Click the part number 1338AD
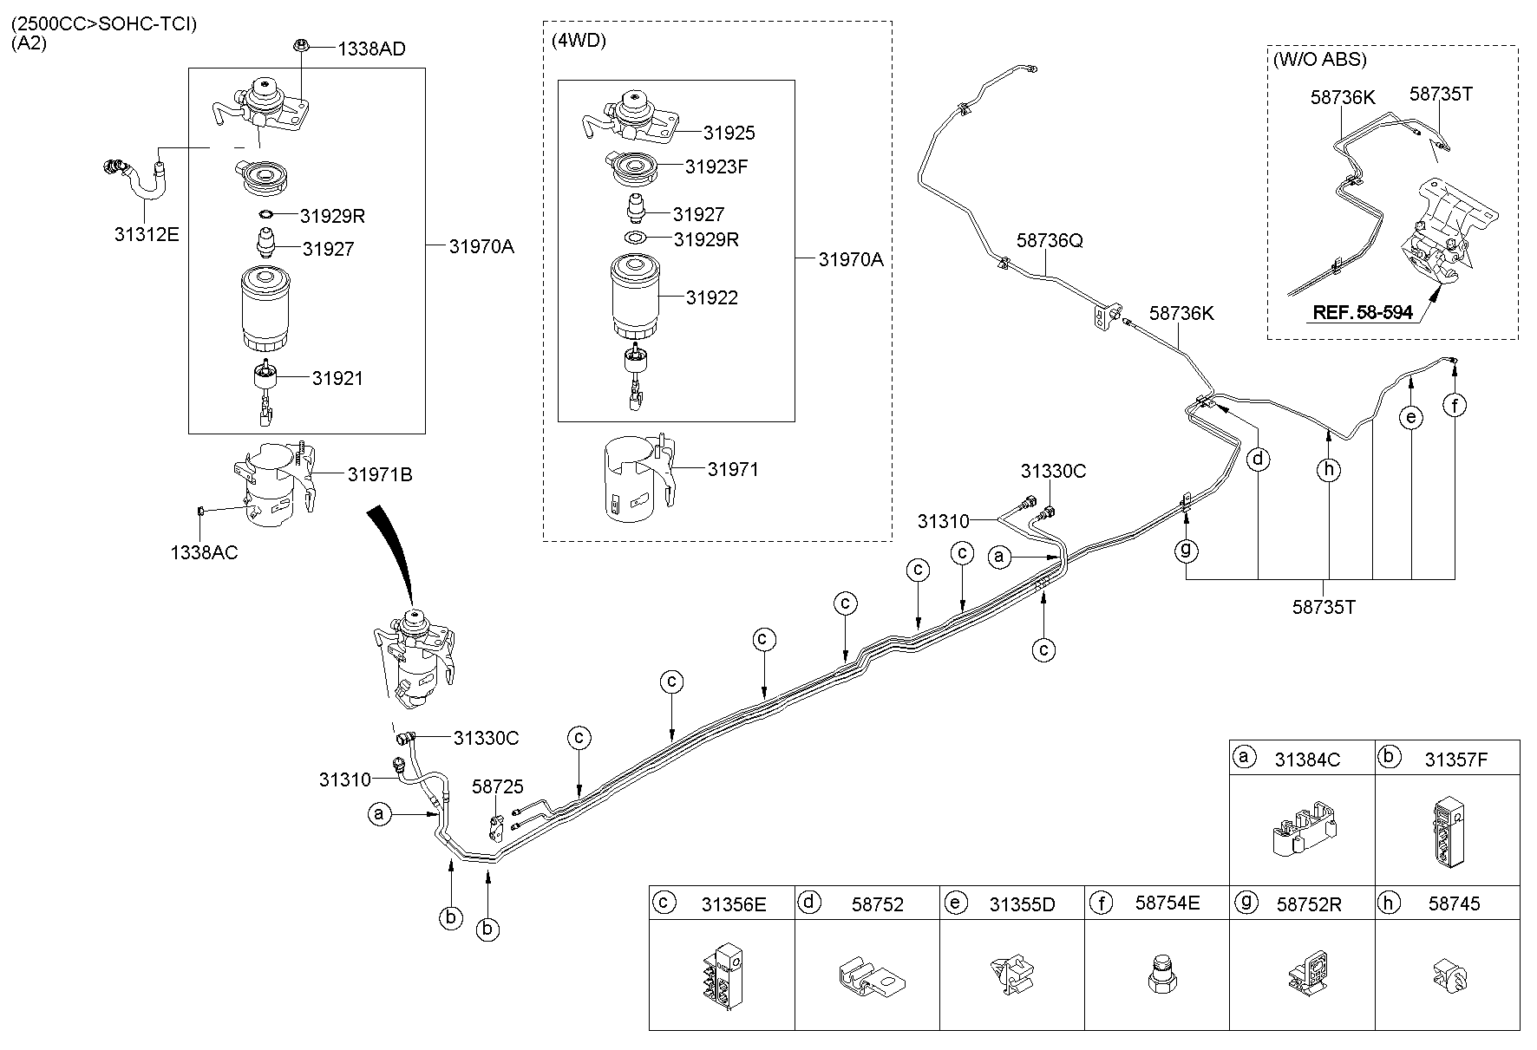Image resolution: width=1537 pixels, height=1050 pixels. click(371, 49)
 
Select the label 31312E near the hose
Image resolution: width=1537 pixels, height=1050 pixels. click(147, 233)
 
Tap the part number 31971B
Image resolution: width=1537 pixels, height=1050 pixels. click(380, 475)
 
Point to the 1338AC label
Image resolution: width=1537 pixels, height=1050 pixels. click(204, 552)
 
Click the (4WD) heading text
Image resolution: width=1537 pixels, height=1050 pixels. click(579, 41)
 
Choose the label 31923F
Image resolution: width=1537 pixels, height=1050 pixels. click(716, 166)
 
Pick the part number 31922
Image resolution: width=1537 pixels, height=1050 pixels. click(711, 297)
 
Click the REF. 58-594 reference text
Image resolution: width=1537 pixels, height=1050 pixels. click(1363, 312)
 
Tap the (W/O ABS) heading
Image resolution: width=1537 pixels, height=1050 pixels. click(1319, 60)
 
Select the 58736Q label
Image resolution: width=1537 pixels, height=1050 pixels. click(1050, 241)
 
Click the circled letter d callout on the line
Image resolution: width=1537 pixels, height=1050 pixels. click(1258, 459)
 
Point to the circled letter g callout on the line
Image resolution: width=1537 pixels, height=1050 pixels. click(1186, 549)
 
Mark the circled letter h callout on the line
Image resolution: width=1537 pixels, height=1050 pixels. click(1328, 470)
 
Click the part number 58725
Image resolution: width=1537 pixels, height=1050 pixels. click(498, 786)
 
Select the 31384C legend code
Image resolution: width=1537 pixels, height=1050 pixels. click(1307, 760)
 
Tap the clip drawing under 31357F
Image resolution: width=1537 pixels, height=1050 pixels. click(1446, 831)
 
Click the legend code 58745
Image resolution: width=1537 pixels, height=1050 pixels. click(1455, 903)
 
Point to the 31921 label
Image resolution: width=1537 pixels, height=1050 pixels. click(337, 378)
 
